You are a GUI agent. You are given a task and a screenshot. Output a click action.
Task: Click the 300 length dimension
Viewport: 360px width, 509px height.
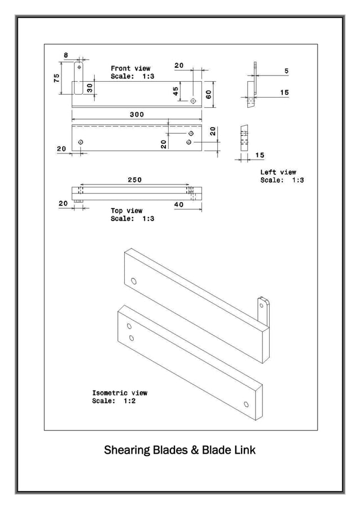click(137, 114)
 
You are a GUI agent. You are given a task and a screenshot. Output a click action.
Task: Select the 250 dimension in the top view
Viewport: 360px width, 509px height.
click(134, 179)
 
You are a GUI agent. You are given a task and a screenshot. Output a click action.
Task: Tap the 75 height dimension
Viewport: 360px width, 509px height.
click(56, 78)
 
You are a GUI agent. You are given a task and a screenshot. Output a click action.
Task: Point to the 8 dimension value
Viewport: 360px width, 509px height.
click(65, 55)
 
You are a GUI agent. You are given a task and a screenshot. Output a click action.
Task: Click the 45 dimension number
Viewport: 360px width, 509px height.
click(176, 91)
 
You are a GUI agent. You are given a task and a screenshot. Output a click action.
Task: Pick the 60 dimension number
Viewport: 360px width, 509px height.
click(209, 94)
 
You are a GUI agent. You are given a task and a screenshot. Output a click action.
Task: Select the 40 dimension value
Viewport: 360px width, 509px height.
click(179, 205)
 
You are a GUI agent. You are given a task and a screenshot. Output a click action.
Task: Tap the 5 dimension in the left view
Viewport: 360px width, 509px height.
click(286, 71)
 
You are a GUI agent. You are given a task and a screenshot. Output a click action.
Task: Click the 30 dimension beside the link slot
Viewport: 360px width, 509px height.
click(89, 87)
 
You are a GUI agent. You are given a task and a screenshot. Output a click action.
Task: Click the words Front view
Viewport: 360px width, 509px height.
click(130, 68)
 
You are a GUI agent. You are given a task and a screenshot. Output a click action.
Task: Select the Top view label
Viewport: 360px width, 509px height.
click(126, 210)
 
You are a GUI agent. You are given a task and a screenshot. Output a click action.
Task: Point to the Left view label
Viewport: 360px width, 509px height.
click(278, 172)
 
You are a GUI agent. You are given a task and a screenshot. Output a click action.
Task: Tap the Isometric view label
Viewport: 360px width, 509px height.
click(120, 393)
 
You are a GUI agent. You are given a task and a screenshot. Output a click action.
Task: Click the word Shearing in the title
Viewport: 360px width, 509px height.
click(127, 450)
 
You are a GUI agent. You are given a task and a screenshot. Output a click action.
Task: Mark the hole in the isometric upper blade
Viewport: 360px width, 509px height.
click(134, 280)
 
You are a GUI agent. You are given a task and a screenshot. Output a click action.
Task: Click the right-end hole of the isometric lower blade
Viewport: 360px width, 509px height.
click(246, 404)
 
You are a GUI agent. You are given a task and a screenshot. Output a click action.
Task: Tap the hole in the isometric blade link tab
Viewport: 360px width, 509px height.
click(261, 305)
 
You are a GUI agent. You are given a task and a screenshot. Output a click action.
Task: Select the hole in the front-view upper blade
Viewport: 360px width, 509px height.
click(194, 100)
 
